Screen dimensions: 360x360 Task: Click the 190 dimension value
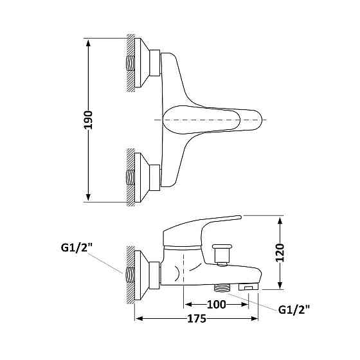pyautogui.click(x=89, y=120)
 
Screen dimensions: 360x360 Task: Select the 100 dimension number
pyautogui.click(x=217, y=305)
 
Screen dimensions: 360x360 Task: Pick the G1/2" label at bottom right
pyautogui.click(x=294, y=310)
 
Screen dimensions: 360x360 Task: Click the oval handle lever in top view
pyautogui.click(x=212, y=120)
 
